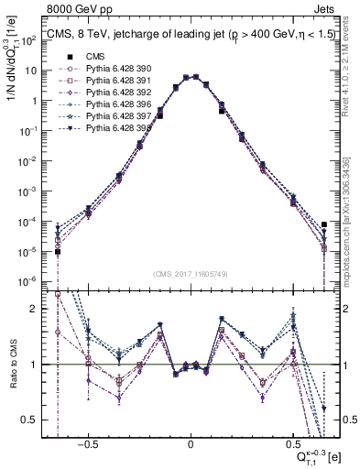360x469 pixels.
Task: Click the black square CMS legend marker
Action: (67, 57)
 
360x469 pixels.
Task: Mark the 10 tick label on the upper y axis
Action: (35, 71)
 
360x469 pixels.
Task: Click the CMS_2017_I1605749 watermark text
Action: (191, 275)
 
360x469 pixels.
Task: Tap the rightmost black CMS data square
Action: (324, 224)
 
